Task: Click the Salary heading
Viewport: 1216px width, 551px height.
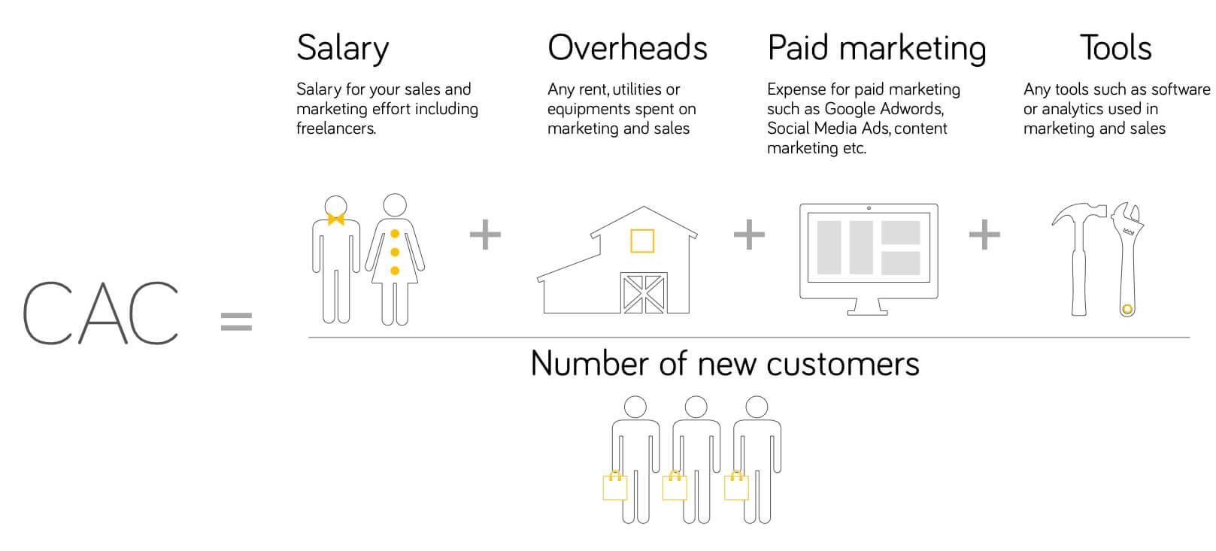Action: coord(343,49)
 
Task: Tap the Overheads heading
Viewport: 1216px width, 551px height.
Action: coord(627,48)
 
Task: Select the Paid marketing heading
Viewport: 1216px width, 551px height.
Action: coord(877,49)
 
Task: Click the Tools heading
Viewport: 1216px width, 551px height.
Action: coord(1115,48)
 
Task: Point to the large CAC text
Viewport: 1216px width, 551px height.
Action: coord(101,313)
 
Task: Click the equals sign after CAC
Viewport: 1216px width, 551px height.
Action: coord(236,322)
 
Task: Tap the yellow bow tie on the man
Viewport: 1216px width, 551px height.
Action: coord(336,219)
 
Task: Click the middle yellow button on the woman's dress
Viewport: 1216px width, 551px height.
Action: coord(395,252)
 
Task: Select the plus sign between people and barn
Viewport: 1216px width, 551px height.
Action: coord(485,235)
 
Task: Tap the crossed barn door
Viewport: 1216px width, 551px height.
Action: coord(644,293)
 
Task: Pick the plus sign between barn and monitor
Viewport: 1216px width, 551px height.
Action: coord(749,235)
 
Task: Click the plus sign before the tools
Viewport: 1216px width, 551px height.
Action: coord(984,235)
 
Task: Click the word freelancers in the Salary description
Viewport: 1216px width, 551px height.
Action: coord(336,129)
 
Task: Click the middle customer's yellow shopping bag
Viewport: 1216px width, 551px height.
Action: coord(675,486)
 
